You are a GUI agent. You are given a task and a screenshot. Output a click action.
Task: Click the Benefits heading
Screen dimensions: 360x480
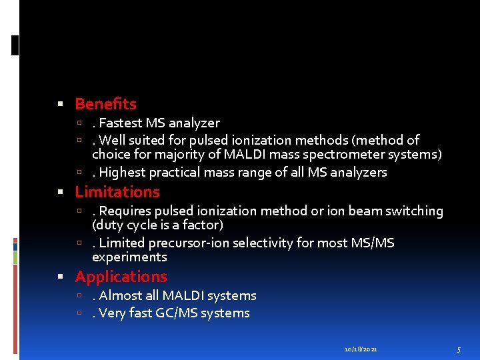click(x=105, y=104)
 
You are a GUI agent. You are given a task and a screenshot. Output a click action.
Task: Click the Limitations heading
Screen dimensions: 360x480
click(x=117, y=192)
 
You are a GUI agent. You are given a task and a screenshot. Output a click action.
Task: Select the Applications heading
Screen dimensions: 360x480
click(x=121, y=277)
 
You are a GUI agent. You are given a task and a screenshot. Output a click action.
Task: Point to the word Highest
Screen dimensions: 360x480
click(x=122, y=173)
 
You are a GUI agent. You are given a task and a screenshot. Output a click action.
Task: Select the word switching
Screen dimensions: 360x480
click(x=416, y=211)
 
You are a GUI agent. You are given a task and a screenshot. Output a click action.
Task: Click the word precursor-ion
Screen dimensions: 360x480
click(x=189, y=243)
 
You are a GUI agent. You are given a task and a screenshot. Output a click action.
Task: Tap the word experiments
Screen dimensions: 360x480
click(x=129, y=257)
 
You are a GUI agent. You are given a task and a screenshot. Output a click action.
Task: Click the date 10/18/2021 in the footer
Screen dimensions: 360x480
click(x=361, y=349)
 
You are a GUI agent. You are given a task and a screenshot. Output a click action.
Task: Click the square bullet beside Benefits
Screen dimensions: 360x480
click(x=61, y=105)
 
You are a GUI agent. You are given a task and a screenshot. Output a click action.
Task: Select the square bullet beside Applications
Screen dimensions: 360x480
click(x=61, y=277)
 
